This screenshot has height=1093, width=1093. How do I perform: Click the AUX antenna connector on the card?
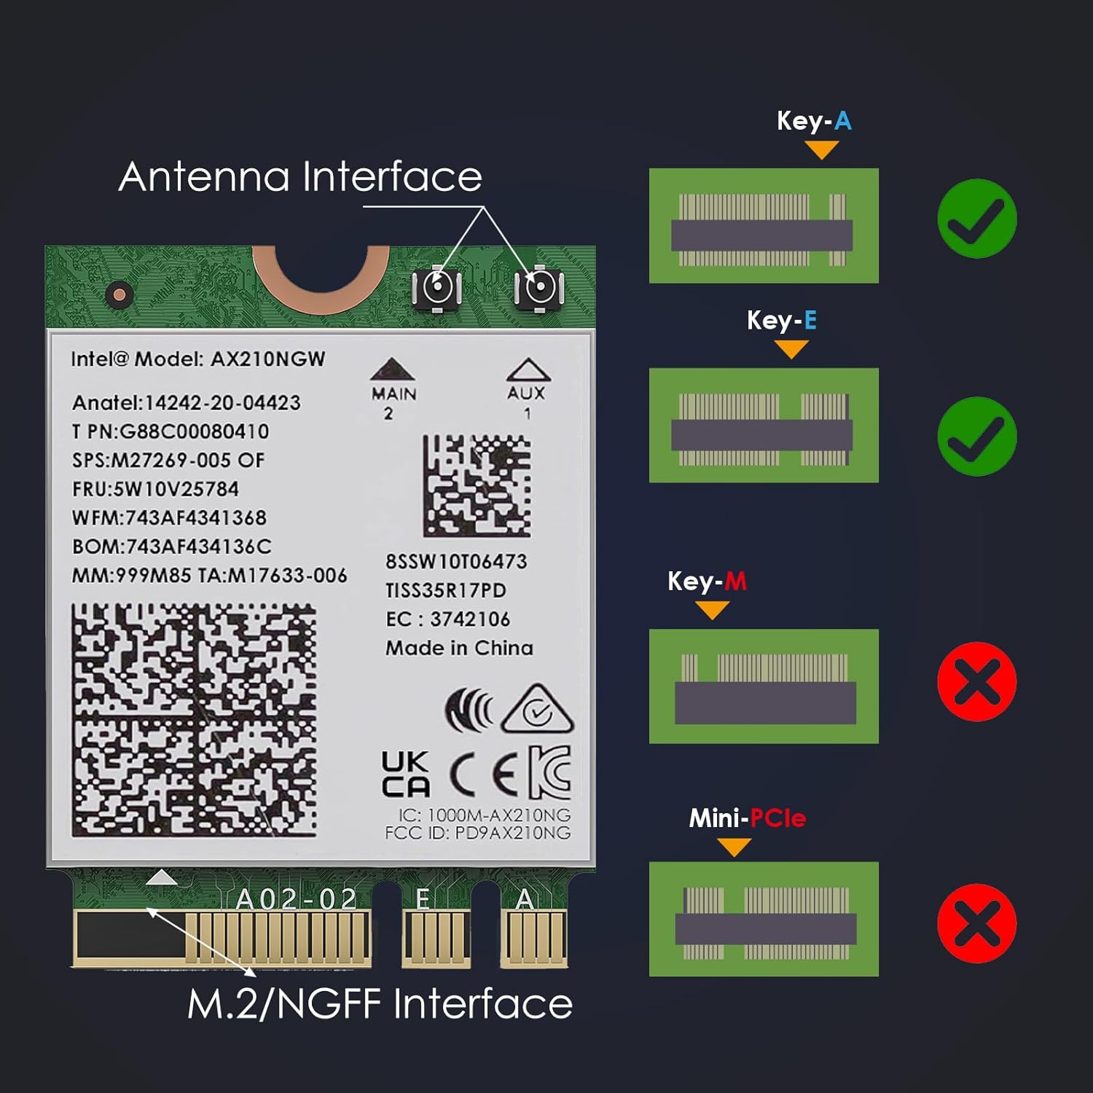tap(539, 288)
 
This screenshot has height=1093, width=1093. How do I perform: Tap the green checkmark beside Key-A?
tap(976, 219)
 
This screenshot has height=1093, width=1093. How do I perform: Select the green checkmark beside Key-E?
tap(976, 436)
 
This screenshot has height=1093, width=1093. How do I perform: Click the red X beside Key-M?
tap(976, 681)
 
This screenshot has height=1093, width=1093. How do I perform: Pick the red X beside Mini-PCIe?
tap(976, 923)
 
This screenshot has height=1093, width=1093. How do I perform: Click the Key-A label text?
tap(814, 121)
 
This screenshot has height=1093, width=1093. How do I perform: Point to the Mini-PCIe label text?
tap(748, 818)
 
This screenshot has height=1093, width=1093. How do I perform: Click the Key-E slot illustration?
tap(764, 426)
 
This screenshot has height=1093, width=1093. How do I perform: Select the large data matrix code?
tap(194, 720)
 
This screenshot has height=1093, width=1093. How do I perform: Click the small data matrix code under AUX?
tap(477, 486)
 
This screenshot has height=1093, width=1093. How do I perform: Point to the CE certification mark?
tap(484, 773)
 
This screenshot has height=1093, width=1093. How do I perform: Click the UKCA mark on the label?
tap(405, 775)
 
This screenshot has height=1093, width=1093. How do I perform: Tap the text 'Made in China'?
tap(459, 648)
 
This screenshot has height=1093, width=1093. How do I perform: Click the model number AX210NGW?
tap(267, 359)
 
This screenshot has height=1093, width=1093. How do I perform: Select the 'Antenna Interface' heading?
tap(300, 177)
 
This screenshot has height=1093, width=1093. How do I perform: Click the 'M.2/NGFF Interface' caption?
tap(380, 1004)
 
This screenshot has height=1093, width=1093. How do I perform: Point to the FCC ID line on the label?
tap(477, 833)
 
